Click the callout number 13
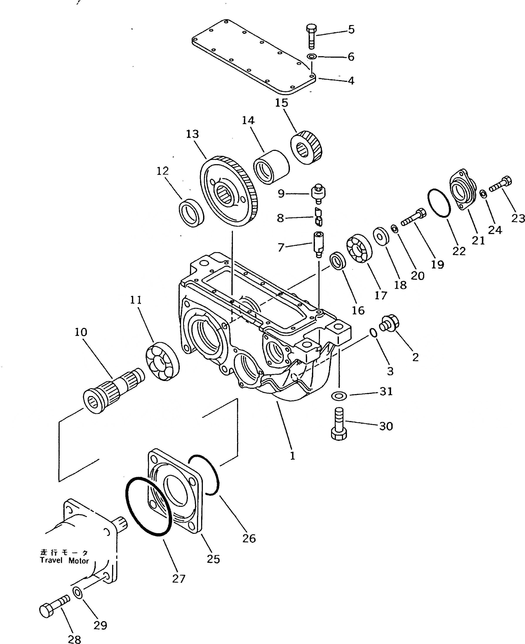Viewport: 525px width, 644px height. tap(192, 134)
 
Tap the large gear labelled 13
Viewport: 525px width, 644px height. tap(229, 191)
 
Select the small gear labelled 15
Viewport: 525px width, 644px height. tap(307, 148)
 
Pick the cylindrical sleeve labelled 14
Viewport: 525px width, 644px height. tap(271, 171)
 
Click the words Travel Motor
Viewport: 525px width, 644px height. tap(64, 561)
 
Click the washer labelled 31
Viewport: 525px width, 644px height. tap(339, 395)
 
